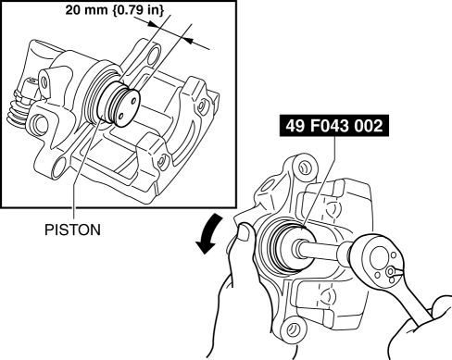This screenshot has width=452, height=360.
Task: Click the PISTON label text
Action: (x=72, y=230)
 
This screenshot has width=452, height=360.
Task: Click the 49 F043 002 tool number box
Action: (x=334, y=126)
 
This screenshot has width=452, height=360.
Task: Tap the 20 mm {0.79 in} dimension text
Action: (x=115, y=10)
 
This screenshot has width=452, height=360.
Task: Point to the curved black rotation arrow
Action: (x=209, y=233)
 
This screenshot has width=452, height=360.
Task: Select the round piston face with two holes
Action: (x=127, y=107)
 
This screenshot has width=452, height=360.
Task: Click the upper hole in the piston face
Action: (x=133, y=100)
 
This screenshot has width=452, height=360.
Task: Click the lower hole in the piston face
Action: (x=121, y=117)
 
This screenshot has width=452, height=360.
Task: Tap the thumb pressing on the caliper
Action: (x=245, y=231)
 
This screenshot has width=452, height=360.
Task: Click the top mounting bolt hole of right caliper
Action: (x=303, y=168)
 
